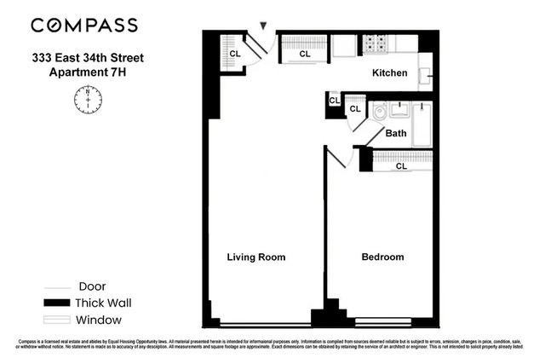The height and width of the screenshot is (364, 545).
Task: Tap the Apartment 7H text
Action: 89,72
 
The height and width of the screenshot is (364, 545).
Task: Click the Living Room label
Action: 255,257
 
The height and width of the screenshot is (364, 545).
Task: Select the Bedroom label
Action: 382,257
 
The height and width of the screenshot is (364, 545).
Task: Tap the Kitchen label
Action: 390,73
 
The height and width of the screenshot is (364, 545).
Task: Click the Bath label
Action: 396,134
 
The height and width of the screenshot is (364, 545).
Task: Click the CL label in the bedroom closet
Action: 401,166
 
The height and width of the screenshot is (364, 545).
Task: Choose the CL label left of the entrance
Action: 234,55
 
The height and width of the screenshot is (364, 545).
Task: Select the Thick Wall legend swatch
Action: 57,303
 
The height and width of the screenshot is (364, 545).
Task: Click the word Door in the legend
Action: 91,286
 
